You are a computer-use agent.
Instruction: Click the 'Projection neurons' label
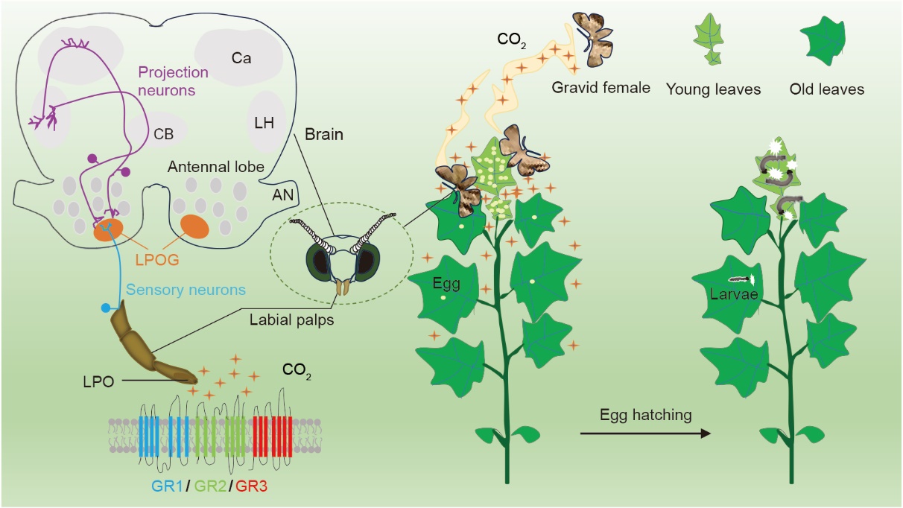click(x=172, y=80)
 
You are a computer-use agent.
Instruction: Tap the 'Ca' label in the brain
click(x=241, y=59)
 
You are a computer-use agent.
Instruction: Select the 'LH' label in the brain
click(x=264, y=124)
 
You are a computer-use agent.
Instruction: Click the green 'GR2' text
click(x=209, y=486)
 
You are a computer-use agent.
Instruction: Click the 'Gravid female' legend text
click(x=601, y=88)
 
